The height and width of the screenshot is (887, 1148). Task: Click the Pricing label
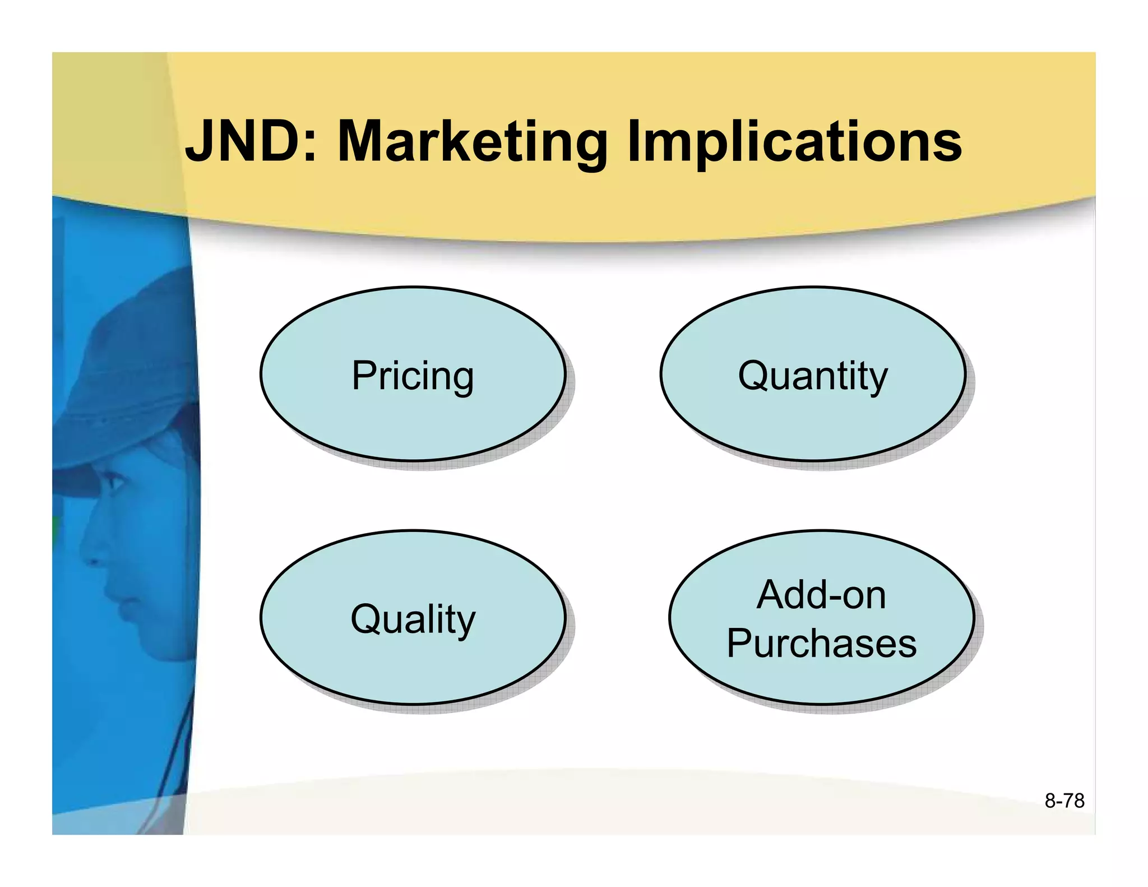pyautogui.click(x=413, y=376)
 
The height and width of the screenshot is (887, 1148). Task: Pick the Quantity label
pyautogui.click(x=813, y=376)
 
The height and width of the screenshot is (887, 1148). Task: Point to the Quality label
pyautogui.click(x=413, y=619)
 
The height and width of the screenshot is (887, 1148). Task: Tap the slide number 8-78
pyautogui.click(x=1064, y=801)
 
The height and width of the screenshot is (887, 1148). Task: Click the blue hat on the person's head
pyautogui.click(x=140, y=359)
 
